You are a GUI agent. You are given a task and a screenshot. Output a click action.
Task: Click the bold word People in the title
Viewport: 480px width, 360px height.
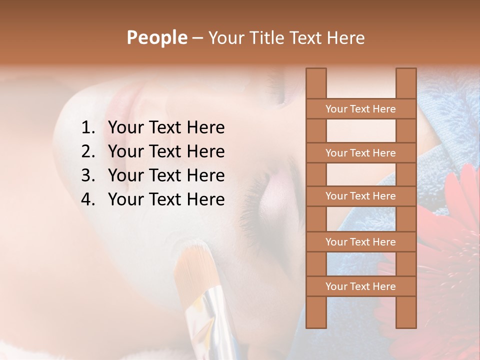pos(156,37)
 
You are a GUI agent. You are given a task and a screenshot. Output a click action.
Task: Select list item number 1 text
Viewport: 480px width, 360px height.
pos(166,128)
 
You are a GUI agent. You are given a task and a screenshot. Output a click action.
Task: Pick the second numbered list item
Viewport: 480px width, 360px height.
pos(166,151)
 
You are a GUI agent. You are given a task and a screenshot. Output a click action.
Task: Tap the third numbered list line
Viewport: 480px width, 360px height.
pos(166,175)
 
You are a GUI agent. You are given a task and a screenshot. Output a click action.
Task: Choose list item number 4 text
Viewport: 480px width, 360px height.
pos(166,199)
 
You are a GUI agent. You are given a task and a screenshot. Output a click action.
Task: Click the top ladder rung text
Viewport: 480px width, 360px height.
pos(360,109)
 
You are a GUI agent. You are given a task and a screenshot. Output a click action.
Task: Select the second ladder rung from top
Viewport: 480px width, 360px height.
pos(360,153)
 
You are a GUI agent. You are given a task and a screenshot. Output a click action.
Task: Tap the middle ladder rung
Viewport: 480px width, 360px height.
pos(360,196)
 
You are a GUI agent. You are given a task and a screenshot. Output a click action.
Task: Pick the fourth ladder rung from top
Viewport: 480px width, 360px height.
pos(360,242)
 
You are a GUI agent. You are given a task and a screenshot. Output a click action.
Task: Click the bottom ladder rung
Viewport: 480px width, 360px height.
pos(360,286)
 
